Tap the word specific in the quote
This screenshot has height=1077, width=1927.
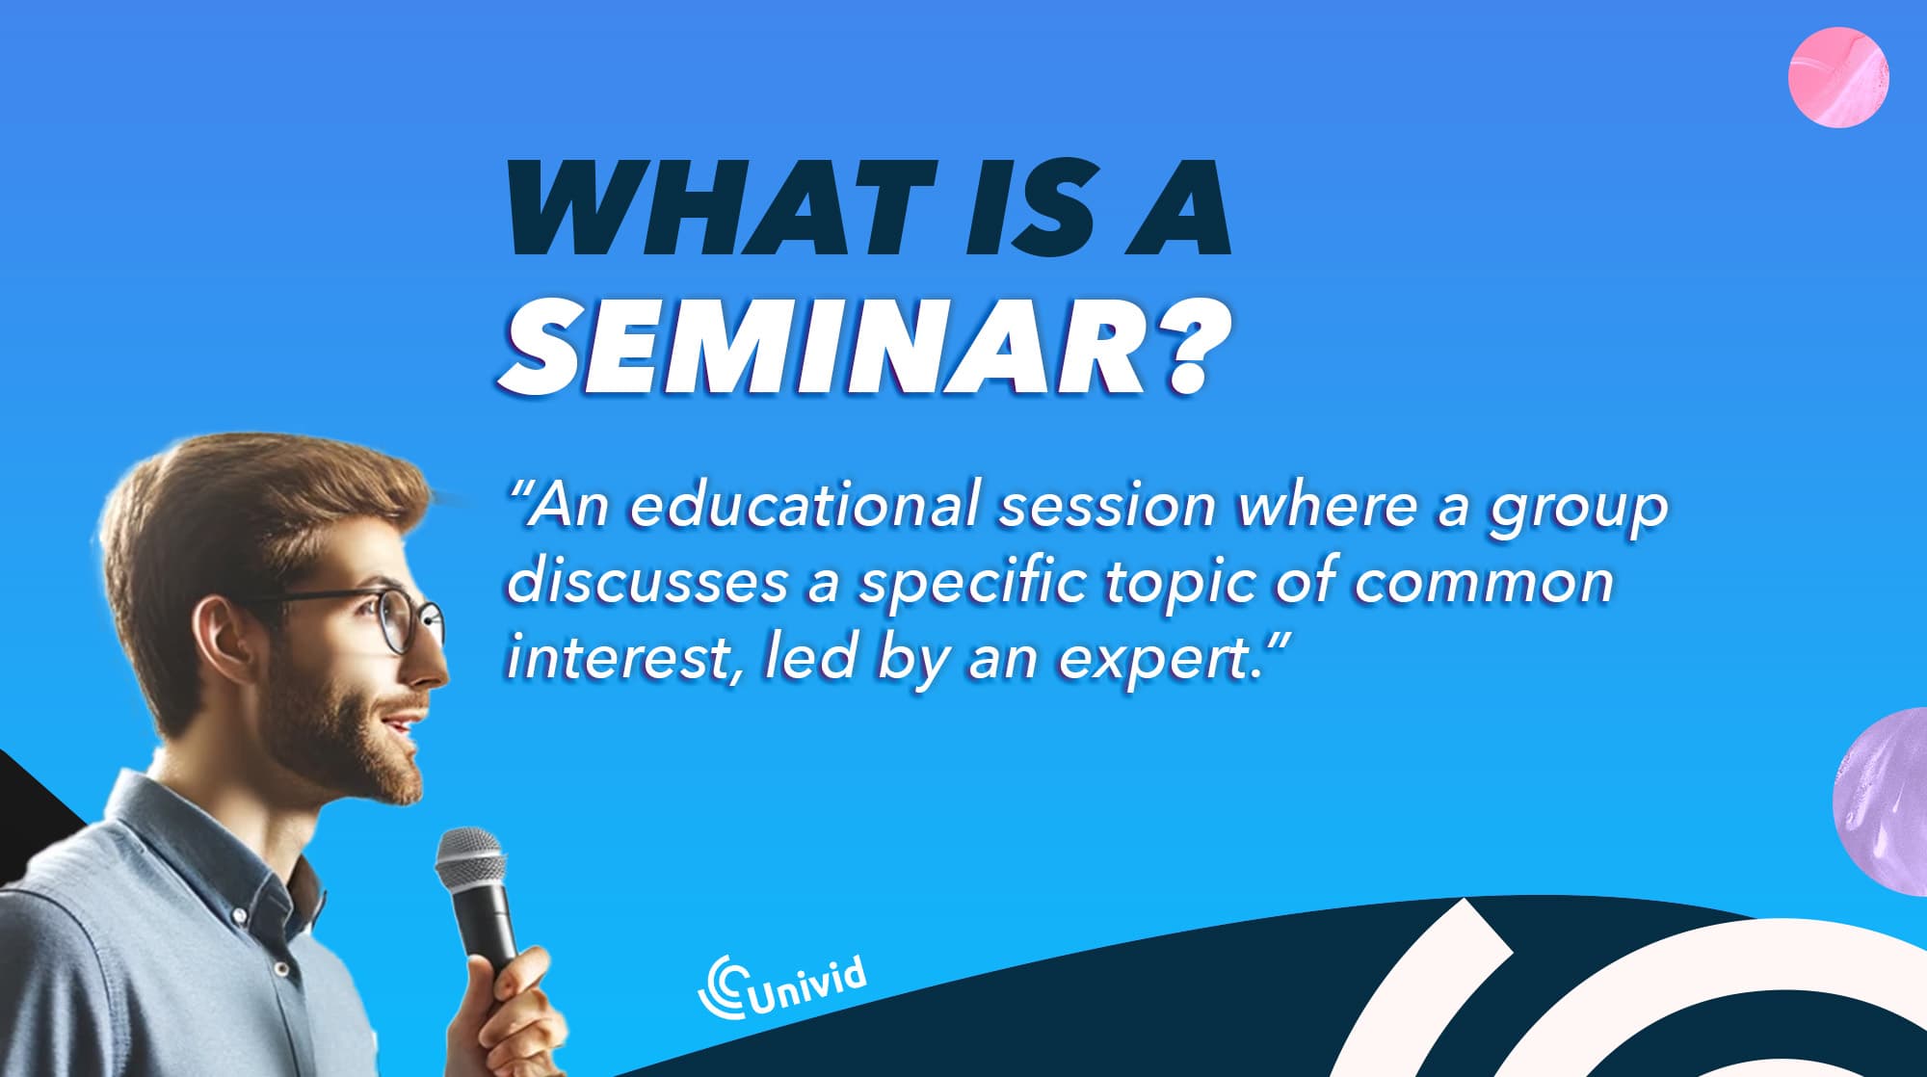click(x=973, y=586)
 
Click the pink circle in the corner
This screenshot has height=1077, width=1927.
click(x=1837, y=77)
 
